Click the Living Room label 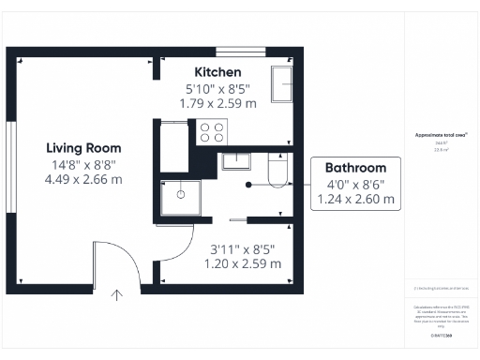click(x=83, y=148)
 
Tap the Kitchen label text click(x=217, y=72)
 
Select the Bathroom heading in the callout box click(x=355, y=168)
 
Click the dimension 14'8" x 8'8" click(x=83, y=164)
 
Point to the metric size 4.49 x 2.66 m click(x=83, y=179)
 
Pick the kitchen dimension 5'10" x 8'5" click(x=217, y=89)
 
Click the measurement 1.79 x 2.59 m click(x=217, y=104)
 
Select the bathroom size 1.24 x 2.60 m click(x=355, y=200)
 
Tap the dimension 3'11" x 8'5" click(x=243, y=249)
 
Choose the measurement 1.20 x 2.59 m click(x=243, y=264)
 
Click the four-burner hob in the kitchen click(x=212, y=132)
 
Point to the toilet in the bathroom click(x=278, y=171)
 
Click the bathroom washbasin click(x=234, y=159)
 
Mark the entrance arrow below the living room click(x=117, y=295)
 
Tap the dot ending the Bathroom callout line click(x=249, y=184)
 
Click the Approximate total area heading click(x=441, y=135)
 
